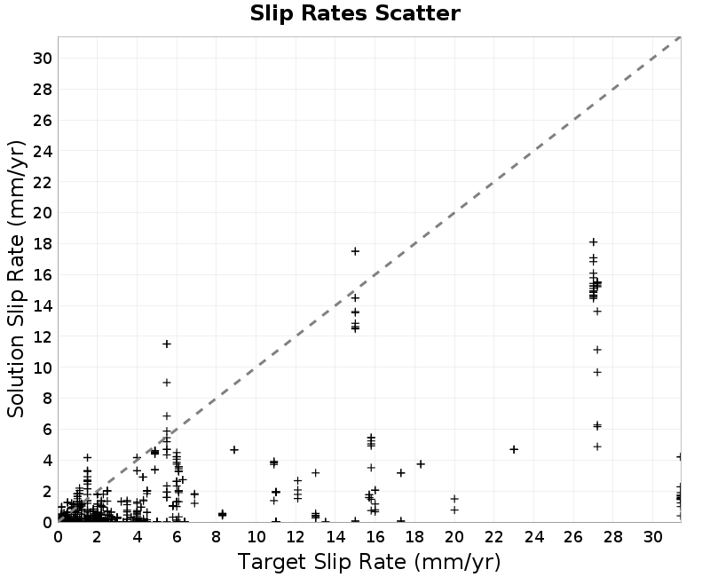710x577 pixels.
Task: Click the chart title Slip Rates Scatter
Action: pos(355,13)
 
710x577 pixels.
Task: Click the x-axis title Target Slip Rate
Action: pos(369,562)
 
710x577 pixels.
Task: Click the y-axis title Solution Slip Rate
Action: pos(16,279)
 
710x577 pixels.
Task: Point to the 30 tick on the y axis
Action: pos(43,59)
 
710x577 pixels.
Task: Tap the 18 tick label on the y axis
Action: pos(43,243)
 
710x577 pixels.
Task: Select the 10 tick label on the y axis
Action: pos(43,368)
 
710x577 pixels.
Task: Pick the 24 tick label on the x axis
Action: pos(533,537)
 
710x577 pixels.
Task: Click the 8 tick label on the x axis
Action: pos(216,537)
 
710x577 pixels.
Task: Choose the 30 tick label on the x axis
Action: pos(652,537)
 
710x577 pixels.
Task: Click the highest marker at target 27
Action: pos(593,242)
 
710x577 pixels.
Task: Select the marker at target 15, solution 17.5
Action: pos(355,251)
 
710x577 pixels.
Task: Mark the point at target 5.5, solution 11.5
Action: pos(167,344)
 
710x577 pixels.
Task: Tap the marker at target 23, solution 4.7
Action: pos(514,449)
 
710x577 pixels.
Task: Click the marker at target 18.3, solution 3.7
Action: pos(421,464)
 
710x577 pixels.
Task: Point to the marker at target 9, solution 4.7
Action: pos(234,450)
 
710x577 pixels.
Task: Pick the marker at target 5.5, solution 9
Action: pos(167,383)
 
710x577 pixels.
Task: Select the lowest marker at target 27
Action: pos(597,447)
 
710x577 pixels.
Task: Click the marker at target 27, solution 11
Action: pos(597,350)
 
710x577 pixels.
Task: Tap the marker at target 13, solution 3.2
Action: pos(316,473)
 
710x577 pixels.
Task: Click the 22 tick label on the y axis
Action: pos(43,182)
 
